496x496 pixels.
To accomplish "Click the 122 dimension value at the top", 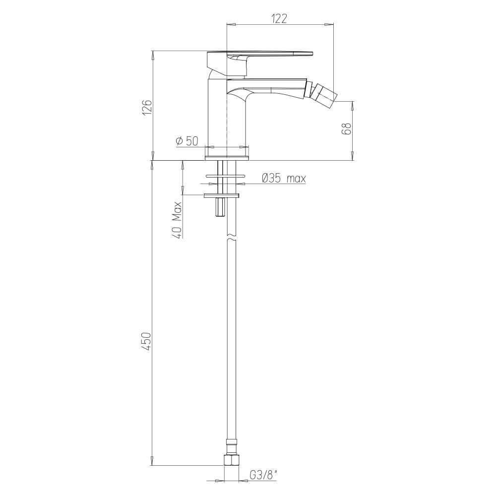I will point(280,18).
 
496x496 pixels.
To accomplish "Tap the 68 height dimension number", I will point(347,129).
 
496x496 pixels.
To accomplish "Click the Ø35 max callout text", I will point(283,178).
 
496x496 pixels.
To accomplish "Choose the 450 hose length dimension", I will point(147,342).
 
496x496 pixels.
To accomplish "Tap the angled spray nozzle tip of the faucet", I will point(325,94).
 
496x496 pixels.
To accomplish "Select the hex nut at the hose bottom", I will point(231,459).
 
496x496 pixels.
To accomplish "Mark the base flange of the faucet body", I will point(227,158).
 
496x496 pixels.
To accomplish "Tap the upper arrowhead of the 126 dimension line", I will point(153,54).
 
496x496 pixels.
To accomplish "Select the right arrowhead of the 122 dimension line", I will point(329,24).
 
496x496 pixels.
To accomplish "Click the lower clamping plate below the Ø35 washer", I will point(222,195).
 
